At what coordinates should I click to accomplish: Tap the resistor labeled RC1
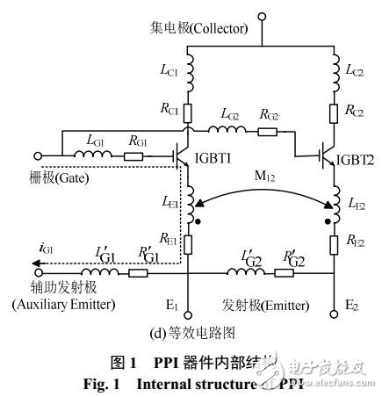pos(187,112)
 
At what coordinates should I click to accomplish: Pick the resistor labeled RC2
pos(335,112)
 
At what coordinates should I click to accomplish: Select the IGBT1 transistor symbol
pos(182,159)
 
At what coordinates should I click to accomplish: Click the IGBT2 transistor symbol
pos(328,158)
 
